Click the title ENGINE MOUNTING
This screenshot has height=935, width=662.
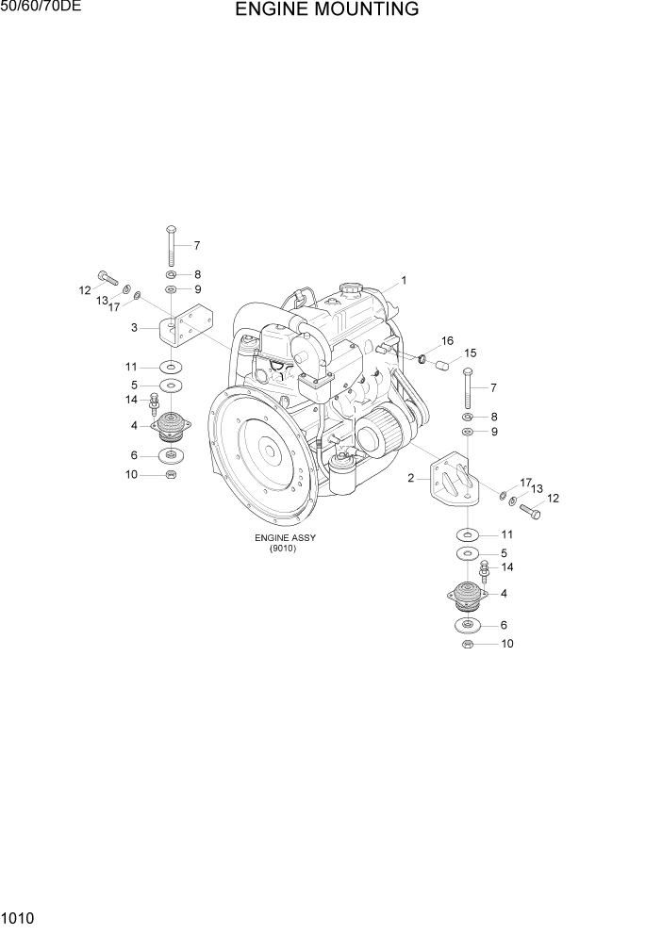click(327, 10)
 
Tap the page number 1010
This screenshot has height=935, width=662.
click(19, 916)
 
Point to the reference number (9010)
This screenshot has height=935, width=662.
click(282, 549)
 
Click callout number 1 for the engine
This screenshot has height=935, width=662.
click(404, 280)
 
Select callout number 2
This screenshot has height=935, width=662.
click(411, 478)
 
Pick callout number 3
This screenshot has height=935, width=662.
click(135, 327)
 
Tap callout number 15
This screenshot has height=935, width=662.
click(470, 353)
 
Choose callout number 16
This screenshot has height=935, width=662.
click(447, 340)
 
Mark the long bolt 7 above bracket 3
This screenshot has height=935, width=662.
click(170, 245)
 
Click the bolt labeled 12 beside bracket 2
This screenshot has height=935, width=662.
click(529, 512)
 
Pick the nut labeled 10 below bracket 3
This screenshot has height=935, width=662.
click(170, 474)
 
